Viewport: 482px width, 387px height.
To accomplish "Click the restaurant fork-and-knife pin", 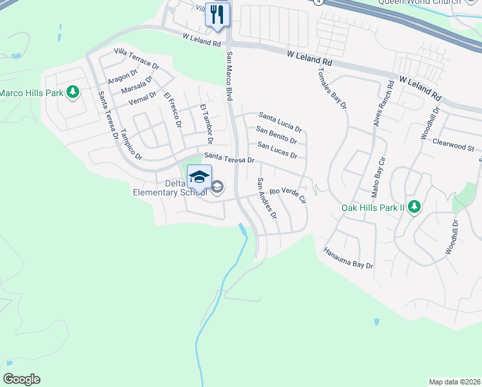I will [x=217, y=14].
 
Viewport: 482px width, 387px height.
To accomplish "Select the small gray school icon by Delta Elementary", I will [x=218, y=188].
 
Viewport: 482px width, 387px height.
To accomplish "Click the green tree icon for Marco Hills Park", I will [x=73, y=92].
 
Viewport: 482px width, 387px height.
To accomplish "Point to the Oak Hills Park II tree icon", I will [x=416, y=207].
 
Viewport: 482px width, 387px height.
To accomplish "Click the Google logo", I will [x=21, y=379].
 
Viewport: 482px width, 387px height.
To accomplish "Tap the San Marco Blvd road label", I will [x=229, y=76].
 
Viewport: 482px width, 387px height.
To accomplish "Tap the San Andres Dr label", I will [x=267, y=197].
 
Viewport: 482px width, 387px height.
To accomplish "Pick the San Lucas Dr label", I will [x=277, y=150].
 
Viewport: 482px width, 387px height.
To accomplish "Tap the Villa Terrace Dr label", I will [x=136, y=58].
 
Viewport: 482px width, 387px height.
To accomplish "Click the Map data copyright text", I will [x=454, y=382].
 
